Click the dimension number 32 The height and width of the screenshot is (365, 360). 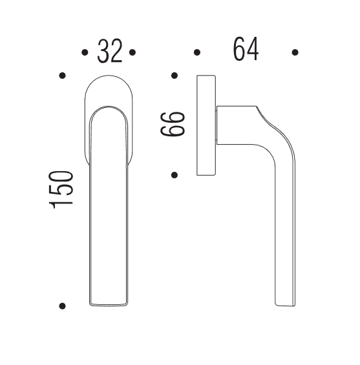pyautogui.click(x=110, y=51)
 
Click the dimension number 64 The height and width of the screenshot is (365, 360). pyautogui.click(x=246, y=49)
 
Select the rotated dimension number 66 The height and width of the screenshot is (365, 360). pyautogui.click(x=173, y=124)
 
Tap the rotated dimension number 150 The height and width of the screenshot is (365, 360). pyautogui.click(x=61, y=190)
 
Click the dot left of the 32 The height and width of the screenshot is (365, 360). pyautogui.click(x=85, y=52)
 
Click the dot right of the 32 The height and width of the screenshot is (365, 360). pyautogui.click(x=132, y=52)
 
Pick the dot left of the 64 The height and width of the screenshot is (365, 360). pyautogui.click(x=197, y=52)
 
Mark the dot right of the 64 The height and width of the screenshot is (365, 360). pyautogui.click(x=295, y=52)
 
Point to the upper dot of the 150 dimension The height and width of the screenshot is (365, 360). pyautogui.click(x=63, y=76)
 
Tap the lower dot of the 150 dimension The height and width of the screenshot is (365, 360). pyautogui.click(x=62, y=306)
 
